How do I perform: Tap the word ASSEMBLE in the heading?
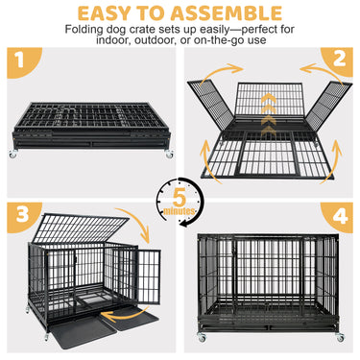click(x=227, y=13)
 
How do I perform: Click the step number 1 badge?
click(x=21, y=60)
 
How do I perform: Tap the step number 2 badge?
click(x=339, y=60)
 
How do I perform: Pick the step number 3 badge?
click(x=22, y=214)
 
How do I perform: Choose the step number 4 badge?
click(x=340, y=216)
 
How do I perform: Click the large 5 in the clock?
click(x=180, y=199)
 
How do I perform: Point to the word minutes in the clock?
click(x=180, y=211)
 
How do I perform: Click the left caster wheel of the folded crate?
click(x=12, y=154)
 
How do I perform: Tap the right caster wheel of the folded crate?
click(x=169, y=155)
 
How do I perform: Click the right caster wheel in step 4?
click(x=340, y=337)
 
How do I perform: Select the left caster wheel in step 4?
click(x=202, y=337)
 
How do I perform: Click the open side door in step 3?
click(x=148, y=276)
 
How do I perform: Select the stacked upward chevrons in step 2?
click(x=268, y=115)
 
